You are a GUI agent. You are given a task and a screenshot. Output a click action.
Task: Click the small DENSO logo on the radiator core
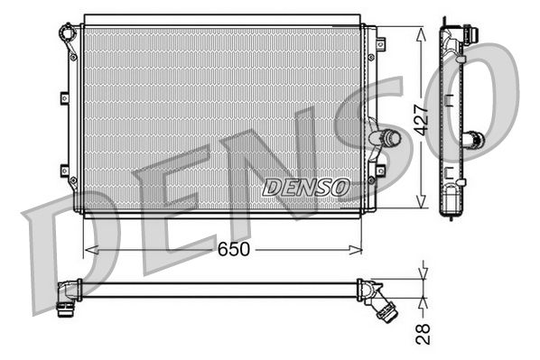click(x=305, y=188)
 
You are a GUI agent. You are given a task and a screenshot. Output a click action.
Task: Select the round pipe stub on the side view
click(x=473, y=140)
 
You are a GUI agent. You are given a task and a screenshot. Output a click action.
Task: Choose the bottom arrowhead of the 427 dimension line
click(x=420, y=205)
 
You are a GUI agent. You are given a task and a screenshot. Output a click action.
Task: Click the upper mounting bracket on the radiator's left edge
click(x=64, y=97)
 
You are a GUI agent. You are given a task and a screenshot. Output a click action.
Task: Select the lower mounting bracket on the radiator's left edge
click(x=64, y=169)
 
